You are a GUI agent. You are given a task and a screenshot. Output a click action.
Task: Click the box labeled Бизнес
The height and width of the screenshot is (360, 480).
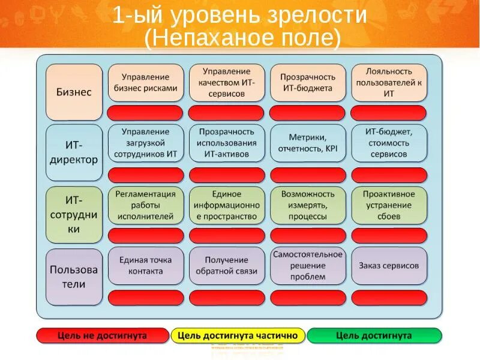pyautogui.click(x=74, y=92)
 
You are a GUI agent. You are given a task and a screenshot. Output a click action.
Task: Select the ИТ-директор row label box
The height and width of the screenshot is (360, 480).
pyautogui.click(x=74, y=152)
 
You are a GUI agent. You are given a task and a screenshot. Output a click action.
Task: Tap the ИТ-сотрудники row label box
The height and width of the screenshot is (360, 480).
pyautogui.click(x=74, y=214)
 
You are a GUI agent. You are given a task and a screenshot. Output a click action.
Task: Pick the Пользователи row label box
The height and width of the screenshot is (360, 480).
pyautogui.click(x=74, y=277)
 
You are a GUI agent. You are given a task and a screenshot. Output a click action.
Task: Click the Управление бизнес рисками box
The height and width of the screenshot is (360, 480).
pyautogui.click(x=145, y=83)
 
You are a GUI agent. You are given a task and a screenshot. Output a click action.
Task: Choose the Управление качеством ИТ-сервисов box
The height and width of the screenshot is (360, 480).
pyautogui.click(x=227, y=83)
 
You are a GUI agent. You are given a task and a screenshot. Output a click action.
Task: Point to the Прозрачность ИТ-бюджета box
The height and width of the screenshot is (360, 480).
pyautogui.click(x=308, y=83)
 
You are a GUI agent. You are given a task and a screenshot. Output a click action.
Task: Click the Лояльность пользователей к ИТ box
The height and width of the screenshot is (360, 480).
pyautogui.click(x=389, y=83)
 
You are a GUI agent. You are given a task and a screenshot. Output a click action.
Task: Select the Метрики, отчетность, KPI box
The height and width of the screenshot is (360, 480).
pyautogui.click(x=308, y=143)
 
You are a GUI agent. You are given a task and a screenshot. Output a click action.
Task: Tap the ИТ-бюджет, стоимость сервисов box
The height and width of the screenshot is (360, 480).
pyautogui.click(x=389, y=143)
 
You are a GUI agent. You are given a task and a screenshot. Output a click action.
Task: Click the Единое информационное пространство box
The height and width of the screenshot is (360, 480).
pyautogui.click(x=227, y=205)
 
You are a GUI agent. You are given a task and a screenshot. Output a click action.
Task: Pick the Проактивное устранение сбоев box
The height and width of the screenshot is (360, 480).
pyautogui.click(x=389, y=205)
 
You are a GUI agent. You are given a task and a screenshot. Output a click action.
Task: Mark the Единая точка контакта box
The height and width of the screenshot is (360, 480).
pyautogui.click(x=145, y=265)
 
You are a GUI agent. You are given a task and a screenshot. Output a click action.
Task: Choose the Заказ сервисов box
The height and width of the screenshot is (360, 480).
pyautogui.click(x=389, y=265)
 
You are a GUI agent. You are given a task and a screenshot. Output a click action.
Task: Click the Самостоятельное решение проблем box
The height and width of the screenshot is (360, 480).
pyautogui.click(x=308, y=265)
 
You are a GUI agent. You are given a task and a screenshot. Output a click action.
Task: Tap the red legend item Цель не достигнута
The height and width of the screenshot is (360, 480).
pyautogui.click(x=102, y=335)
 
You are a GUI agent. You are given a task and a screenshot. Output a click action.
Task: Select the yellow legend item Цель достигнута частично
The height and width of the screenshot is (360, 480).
pyautogui.click(x=238, y=335)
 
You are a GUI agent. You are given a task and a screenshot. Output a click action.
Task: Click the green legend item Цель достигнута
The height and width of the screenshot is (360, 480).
pyautogui.click(x=374, y=335)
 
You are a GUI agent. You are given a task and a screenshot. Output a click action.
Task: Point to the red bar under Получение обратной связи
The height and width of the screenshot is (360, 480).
pyautogui.click(x=227, y=298)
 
